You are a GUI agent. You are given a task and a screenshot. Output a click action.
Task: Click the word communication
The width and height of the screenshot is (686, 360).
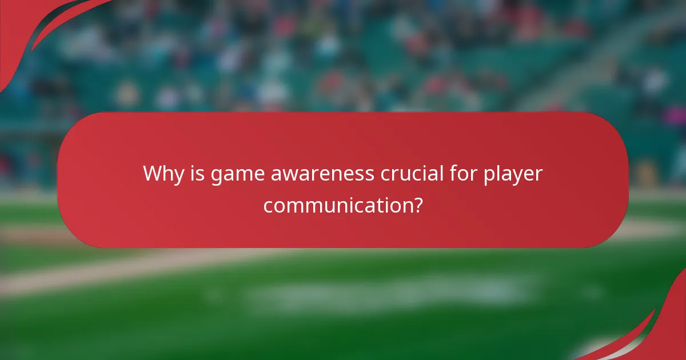pos(337,205)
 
